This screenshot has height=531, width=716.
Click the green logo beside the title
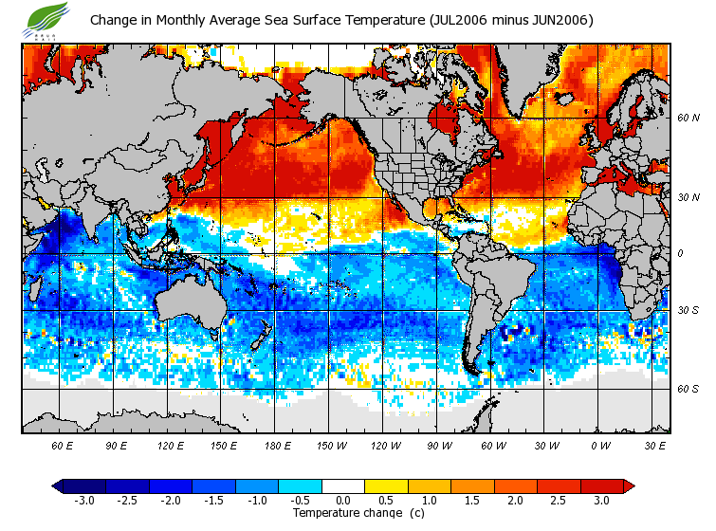click(48, 18)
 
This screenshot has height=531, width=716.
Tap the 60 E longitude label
click(62, 445)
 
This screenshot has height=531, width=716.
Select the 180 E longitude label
click(278, 445)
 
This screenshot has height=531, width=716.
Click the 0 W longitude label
click(599, 445)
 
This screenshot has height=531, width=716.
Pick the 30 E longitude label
click(654, 445)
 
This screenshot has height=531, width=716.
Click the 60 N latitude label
click(688, 119)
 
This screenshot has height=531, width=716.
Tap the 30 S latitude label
click(688, 310)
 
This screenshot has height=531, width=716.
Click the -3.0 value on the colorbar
click(83, 500)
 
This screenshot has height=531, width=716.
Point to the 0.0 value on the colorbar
click(342, 500)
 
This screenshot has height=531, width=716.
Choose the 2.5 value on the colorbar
click(558, 500)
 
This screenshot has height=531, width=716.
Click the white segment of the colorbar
click(342, 485)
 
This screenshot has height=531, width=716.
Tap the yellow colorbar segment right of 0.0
click(385, 485)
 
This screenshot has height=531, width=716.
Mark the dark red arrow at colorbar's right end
click(628, 485)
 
